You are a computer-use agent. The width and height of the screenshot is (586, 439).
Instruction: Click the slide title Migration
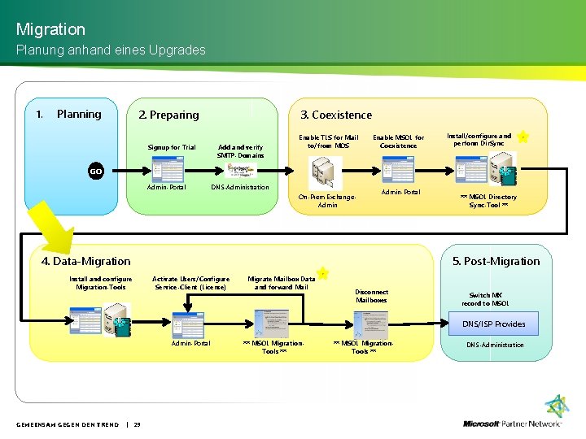(x=50, y=29)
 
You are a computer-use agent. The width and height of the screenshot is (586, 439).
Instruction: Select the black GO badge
(x=96, y=172)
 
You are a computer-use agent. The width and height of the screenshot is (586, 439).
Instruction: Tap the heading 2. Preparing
(x=168, y=115)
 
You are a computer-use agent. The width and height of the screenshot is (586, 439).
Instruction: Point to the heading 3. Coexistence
(x=336, y=115)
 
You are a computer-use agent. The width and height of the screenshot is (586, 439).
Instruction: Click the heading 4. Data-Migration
(x=85, y=261)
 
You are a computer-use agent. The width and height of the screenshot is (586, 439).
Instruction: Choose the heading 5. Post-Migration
(x=496, y=261)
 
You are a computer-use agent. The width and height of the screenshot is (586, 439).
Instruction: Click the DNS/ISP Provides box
(x=494, y=324)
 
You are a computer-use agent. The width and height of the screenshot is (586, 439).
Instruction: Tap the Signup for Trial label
(x=172, y=147)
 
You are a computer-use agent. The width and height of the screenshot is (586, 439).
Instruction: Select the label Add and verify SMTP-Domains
(x=241, y=151)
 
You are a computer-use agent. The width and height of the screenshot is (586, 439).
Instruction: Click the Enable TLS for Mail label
(x=328, y=141)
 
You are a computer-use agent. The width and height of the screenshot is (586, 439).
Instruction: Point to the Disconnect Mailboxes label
(x=372, y=296)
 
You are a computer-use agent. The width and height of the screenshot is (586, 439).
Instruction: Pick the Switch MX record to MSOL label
(x=486, y=299)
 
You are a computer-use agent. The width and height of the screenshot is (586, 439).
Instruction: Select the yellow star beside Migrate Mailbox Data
(x=322, y=273)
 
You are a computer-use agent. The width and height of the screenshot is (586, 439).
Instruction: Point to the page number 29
(x=137, y=424)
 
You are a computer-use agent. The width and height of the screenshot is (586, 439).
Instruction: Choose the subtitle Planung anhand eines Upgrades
(x=111, y=50)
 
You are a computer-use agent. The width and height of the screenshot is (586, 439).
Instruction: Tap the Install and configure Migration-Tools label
(x=101, y=283)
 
